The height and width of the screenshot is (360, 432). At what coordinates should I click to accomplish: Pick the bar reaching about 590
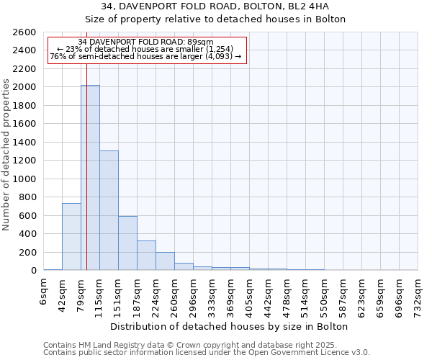[127, 243]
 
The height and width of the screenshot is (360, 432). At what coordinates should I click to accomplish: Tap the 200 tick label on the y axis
[30, 252]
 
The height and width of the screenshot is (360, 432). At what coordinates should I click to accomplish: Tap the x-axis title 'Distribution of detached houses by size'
[230, 326]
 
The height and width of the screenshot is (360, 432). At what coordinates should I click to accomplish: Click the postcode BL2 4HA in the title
[311, 7]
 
